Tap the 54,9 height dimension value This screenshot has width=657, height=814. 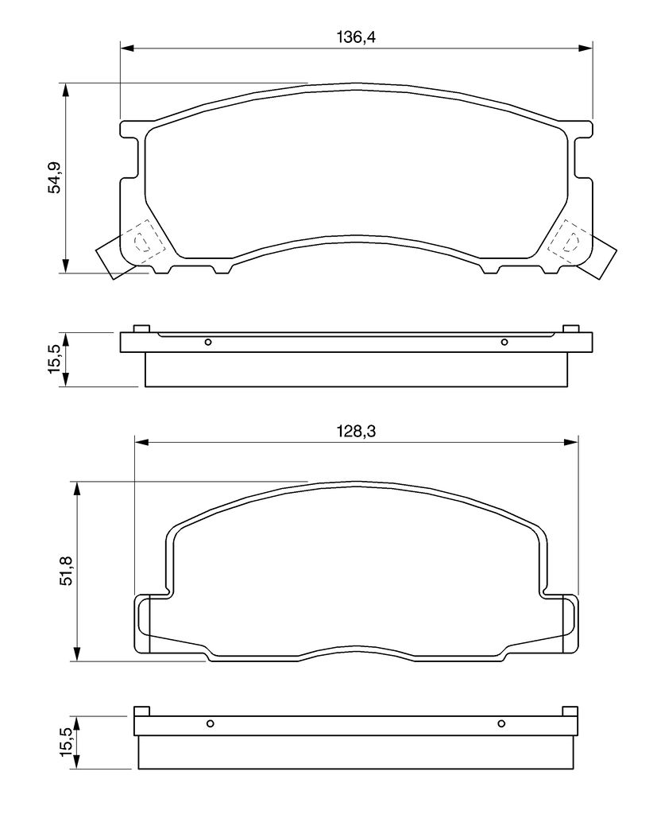pos(55,178)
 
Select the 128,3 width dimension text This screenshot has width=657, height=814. pos(356,431)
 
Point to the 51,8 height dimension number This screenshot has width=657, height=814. pos(67,571)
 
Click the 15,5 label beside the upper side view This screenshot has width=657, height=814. pos(55,359)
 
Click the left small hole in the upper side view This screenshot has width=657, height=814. pos(208,342)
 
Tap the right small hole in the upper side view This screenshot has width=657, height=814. pos(504,342)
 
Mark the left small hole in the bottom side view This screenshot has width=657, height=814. pos(211,723)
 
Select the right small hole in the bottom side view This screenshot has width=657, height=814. pos(501,723)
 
